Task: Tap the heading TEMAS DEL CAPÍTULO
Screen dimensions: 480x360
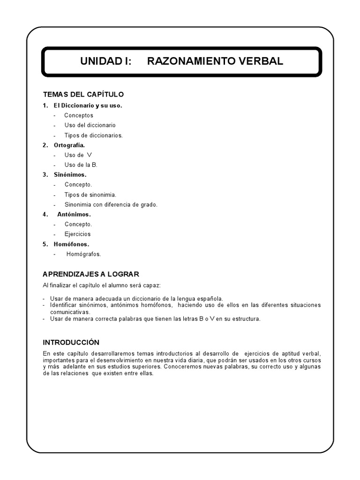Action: tap(83, 95)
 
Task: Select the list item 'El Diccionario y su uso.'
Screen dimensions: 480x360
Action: tap(88, 105)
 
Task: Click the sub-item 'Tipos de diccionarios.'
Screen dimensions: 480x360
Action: tap(93, 135)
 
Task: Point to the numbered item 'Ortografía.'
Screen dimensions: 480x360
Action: tap(69, 145)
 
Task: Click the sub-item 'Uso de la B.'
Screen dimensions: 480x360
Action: tap(81, 165)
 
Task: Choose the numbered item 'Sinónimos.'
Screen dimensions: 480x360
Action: tap(70, 175)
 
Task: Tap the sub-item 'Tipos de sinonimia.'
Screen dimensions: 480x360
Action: tap(90, 195)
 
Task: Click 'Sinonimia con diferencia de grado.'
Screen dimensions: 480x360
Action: tap(111, 204)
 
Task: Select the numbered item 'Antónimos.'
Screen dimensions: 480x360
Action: tap(74, 214)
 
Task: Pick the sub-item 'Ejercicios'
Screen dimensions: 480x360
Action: tap(78, 234)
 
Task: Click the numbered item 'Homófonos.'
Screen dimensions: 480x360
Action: tap(71, 244)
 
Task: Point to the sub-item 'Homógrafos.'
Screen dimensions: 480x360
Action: tap(83, 254)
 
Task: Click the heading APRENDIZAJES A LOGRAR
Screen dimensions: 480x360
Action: tap(91, 274)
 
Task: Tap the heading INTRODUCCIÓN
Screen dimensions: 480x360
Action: tap(71, 343)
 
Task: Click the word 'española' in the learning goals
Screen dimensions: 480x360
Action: tap(210, 298)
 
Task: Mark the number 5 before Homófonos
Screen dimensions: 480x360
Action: tap(45, 244)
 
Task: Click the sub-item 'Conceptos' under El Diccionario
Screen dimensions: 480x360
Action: tap(79, 115)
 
